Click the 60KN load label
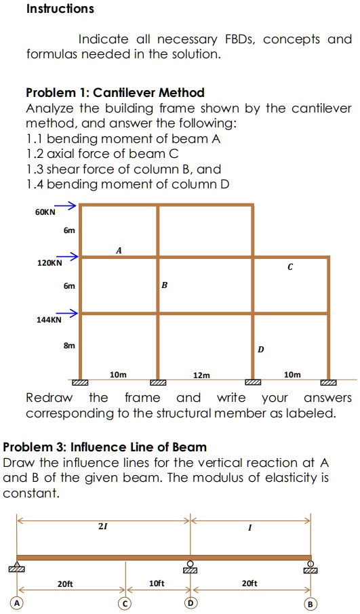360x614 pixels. tap(45, 212)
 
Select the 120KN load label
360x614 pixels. tap(49, 262)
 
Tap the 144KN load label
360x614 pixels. tap(49, 319)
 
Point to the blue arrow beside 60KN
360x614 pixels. tap(65, 206)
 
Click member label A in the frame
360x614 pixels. tap(119, 250)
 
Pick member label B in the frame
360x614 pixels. tap(164, 286)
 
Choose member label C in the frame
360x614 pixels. tap(289, 268)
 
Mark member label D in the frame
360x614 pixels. tap(260, 350)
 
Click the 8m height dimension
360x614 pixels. tap(69, 345)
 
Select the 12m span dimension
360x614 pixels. tap(201, 375)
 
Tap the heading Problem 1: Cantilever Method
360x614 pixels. tap(115, 92)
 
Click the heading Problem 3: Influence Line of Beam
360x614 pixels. tap(105, 447)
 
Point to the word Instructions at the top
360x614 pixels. tap(60, 9)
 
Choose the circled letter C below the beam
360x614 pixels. tap(125, 603)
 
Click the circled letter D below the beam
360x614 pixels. tap(191, 603)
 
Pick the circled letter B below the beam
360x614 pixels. tap(311, 603)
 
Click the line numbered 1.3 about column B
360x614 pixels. tap(123, 169)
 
